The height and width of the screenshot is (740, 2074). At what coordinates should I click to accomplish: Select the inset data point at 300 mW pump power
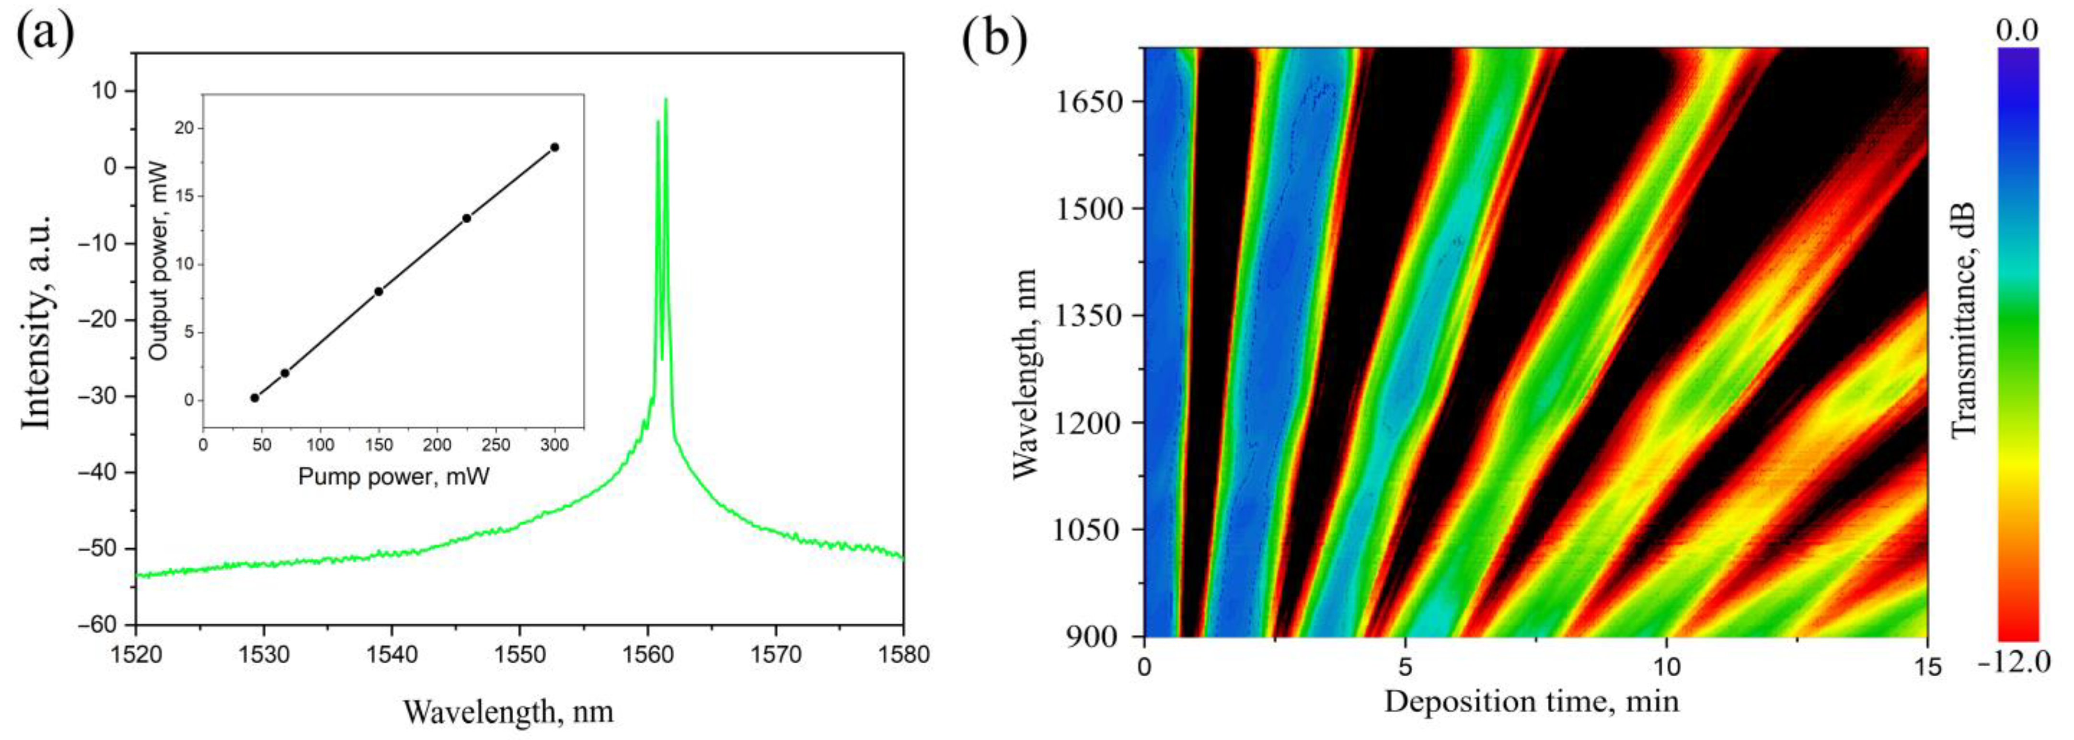pos(554,147)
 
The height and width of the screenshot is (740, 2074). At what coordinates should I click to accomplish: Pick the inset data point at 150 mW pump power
pos(379,291)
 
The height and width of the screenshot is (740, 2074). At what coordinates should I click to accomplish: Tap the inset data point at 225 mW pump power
pos(466,218)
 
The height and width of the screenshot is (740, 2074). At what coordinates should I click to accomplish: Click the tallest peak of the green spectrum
pos(666,100)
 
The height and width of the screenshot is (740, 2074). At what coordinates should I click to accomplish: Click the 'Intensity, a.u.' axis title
pos(37,322)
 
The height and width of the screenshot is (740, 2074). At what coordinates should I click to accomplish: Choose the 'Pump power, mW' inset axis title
pos(394,477)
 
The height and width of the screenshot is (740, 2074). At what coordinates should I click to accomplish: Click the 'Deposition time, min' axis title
pos(1532,701)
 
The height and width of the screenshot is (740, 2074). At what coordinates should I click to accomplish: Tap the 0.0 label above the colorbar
pos(2017,31)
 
